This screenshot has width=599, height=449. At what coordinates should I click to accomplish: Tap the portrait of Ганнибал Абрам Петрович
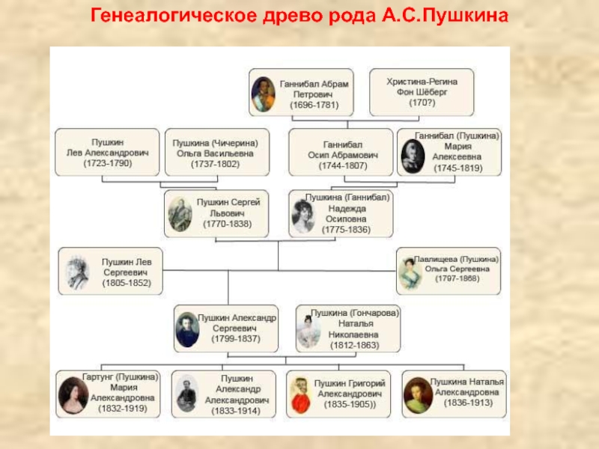[263, 94]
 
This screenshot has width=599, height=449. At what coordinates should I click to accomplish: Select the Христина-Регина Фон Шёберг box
[422, 92]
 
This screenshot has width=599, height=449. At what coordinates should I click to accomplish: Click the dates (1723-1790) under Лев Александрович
[106, 163]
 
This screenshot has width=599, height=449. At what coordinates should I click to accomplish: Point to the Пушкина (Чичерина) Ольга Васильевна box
[216, 153]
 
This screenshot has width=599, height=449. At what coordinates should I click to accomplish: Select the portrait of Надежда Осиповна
[303, 216]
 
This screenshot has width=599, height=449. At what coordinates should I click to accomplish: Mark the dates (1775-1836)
[347, 230]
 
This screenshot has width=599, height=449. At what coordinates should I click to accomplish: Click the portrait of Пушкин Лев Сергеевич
[78, 272]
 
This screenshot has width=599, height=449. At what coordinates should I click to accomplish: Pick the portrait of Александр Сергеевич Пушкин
[187, 328]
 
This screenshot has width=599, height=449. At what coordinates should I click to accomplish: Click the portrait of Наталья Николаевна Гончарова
[308, 329]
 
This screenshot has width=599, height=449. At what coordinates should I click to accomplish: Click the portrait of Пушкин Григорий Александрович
[301, 394]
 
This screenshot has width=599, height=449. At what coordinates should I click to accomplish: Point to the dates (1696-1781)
[314, 106]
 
